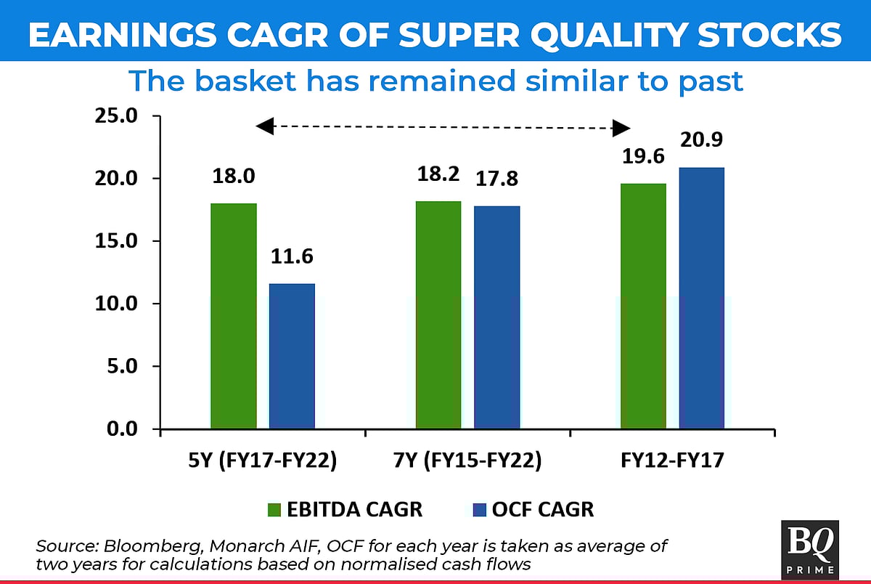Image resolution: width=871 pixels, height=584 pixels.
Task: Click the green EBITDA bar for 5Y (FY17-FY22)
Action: click(233, 316)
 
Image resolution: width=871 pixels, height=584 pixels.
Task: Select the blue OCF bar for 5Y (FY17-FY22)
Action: click(292, 356)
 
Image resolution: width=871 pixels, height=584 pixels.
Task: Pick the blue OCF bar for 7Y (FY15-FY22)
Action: click(497, 317)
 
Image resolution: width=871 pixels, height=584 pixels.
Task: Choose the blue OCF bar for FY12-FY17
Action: click(701, 298)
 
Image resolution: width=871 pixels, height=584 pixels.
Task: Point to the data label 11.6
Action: click(293, 257)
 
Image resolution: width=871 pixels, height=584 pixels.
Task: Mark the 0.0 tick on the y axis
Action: click(121, 429)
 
